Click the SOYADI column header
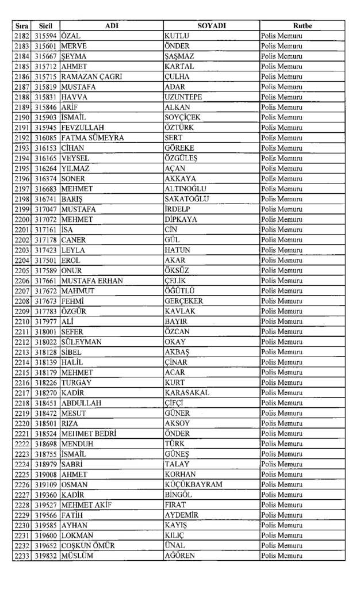pyautogui.click(x=211, y=26)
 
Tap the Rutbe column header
pyautogui.click(x=302, y=26)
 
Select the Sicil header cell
pyautogui.click(x=45, y=26)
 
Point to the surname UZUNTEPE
pyautogui.click(x=183, y=97)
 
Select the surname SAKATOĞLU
pyautogui.click(x=187, y=199)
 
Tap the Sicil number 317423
pyautogui.click(x=45, y=250)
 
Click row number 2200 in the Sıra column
pyautogui.click(x=22, y=220)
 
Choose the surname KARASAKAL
pyautogui.click(x=187, y=393)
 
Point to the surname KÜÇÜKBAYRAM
pyautogui.click(x=193, y=484)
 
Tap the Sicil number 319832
pyautogui.click(x=45, y=556)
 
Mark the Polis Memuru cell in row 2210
pyautogui.click(x=282, y=322)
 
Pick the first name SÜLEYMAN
pyautogui.click(x=82, y=342)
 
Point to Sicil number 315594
pyautogui.click(x=45, y=36)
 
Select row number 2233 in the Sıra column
pyautogui.click(x=22, y=556)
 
